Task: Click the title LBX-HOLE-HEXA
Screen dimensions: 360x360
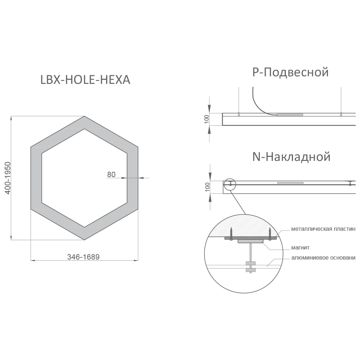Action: click(x=85, y=80)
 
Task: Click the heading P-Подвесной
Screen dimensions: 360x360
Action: click(x=291, y=72)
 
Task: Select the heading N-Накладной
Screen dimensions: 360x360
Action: click(x=291, y=157)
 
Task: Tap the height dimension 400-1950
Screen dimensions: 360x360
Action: click(x=8, y=178)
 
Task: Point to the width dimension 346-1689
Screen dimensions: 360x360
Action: click(x=84, y=257)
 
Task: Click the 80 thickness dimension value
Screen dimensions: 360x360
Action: click(x=111, y=175)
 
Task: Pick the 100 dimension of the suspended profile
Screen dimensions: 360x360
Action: click(x=207, y=119)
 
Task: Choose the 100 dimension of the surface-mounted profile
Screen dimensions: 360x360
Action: click(x=207, y=187)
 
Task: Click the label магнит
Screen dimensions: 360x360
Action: click(x=300, y=248)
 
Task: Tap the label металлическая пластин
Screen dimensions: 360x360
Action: click(x=323, y=229)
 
